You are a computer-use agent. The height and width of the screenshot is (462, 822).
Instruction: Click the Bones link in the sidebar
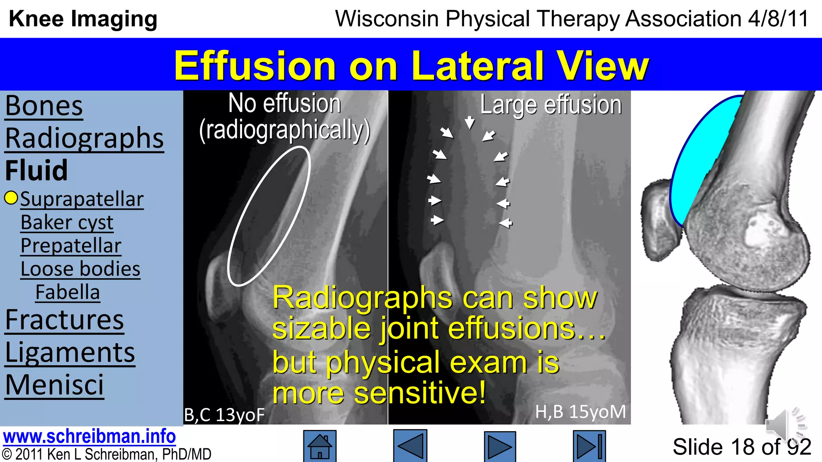[x=44, y=106]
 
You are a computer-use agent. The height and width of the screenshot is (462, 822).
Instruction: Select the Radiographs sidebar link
[x=84, y=138]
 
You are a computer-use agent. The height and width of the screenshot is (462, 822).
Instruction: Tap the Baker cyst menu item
[x=67, y=223]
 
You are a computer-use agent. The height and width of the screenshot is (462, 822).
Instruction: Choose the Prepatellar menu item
[x=71, y=246]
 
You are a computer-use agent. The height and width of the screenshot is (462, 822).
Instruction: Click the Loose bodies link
[x=80, y=269]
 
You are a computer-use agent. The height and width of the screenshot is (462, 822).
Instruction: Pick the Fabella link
[x=67, y=292]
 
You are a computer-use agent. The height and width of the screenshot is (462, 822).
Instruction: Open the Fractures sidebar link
[x=64, y=320]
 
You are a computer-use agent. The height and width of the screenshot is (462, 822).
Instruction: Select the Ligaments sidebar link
[x=70, y=353]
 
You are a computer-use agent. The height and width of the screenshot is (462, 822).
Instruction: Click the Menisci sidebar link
[x=54, y=385]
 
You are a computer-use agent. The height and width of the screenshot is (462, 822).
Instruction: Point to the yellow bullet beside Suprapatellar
[x=11, y=198]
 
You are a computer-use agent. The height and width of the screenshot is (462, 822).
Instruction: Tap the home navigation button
[x=319, y=446]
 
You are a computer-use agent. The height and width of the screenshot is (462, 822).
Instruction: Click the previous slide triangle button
[x=410, y=446]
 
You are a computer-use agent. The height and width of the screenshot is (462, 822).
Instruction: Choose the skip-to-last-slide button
[x=589, y=446]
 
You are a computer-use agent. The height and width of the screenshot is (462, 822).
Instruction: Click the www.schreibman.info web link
[x=89, y=436]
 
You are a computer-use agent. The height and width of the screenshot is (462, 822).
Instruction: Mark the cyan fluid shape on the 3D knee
[x=704, y=160]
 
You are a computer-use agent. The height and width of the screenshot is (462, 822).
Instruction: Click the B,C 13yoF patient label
[x=224, y=415]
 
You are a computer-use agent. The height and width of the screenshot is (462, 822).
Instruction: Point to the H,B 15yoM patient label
[x=580, y=412]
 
